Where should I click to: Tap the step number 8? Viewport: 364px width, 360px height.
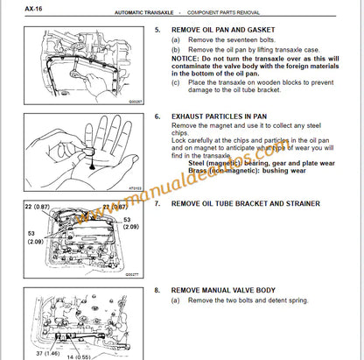coord(157,291)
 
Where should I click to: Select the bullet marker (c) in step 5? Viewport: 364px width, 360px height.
coord(177,83)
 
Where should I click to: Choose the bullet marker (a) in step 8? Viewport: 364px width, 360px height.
coord(177,300)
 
